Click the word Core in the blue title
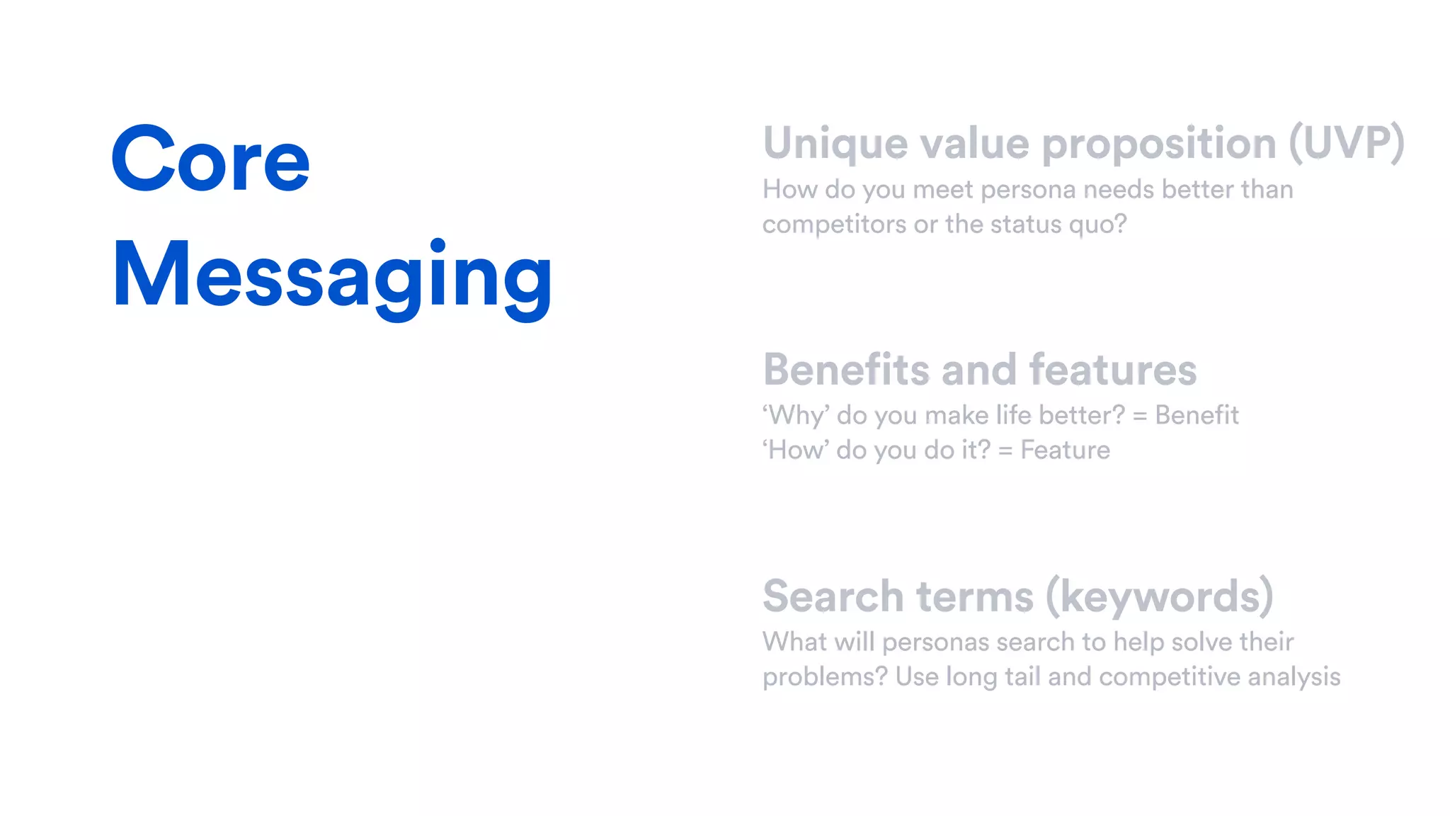pos(210,159)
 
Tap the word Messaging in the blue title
pos(331,276)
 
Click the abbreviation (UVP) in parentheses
pos(1346,144)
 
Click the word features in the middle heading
pos(1112,370)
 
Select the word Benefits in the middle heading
pos(846,370)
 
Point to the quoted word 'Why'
pos(796,416)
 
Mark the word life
pos(1013,415)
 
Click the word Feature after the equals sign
pos(1065,450)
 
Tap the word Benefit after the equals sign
pos(1197,415)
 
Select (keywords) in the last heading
pos(1159,597)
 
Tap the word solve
pos(1201,642)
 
